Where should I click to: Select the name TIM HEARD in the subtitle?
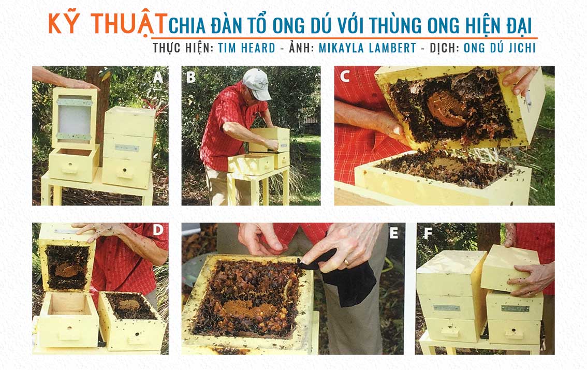tap(246, 48)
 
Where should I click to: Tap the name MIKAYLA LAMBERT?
tap(367, 48)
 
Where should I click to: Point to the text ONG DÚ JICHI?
tap(500, 48)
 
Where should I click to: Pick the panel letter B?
tap(190, 78)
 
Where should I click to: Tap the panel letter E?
tap(393, 233)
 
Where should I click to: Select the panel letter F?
tap(428, 234)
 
